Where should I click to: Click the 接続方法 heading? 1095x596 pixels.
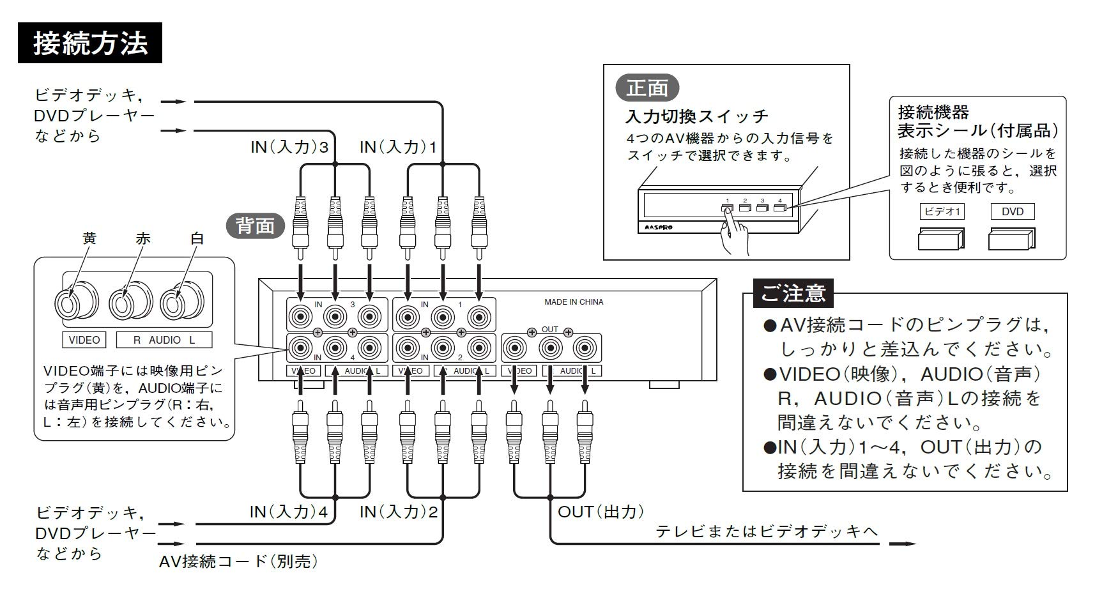click(x=89, y=43)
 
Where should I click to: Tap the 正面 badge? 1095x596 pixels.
click(x=647, y=88)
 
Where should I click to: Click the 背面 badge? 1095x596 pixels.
click(x=256, y=225)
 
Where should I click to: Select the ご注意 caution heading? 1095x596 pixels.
click(x=793, y=293)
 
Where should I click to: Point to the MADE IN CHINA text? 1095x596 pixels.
click(x=573, y=302)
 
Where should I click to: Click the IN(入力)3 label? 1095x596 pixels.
click(x=289, y=148)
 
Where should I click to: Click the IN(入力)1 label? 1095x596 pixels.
click(x=398, y=148)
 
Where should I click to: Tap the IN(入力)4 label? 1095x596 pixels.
click(x=289, y=512)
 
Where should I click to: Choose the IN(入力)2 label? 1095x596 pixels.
click(x=399, y=512)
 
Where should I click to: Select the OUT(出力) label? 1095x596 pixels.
click(x=601, y=512)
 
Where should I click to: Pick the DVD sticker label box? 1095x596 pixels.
click(x=1012, y=211)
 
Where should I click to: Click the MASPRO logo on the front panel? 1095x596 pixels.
click(x=655, y=227)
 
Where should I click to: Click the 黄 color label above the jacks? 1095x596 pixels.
click(x=89, y=239)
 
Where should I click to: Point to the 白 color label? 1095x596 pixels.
click(x=197, y=239)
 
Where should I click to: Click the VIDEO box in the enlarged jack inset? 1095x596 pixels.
click(x=84, y=340)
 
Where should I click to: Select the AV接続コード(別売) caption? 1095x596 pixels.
click(x=238, y=562)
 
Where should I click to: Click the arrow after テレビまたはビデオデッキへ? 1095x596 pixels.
click(x=902, y=544)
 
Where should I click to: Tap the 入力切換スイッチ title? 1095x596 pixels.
click(x=696, y=116)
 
